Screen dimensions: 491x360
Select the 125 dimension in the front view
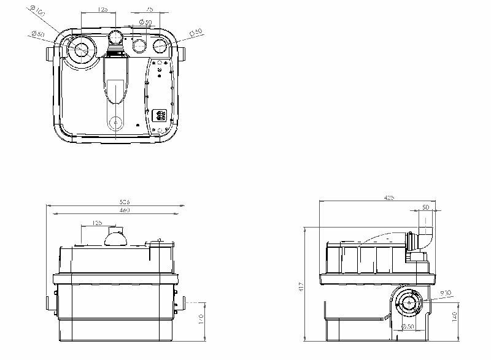tap(96, 223)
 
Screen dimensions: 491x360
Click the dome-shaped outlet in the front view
tap(115, 237)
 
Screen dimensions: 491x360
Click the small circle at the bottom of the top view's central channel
tap(115, 123)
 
